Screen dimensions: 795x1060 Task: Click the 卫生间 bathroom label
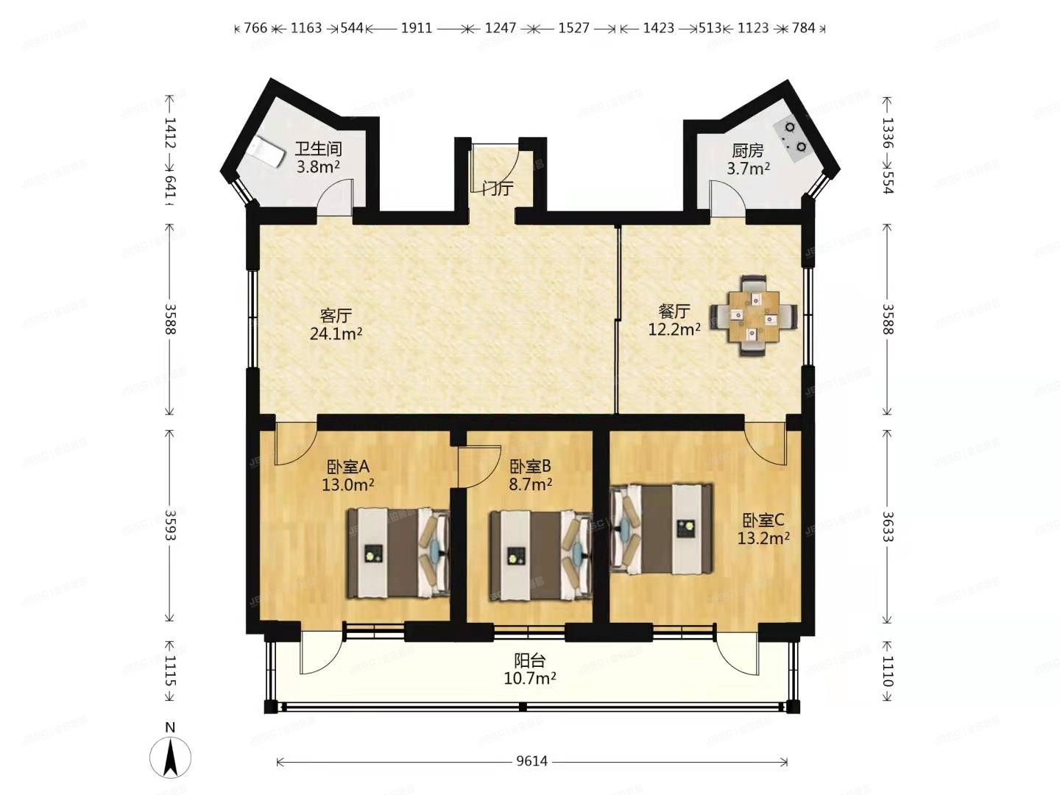click(x=318, y=149)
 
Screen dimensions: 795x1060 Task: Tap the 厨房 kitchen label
click(x=748, y=151)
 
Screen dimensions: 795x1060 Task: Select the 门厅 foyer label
click(x=498, y=188)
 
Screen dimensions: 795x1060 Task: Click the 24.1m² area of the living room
click(x=336, y=333)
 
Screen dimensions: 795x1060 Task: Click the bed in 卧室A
click(x=398, y=552)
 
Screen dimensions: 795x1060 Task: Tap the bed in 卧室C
click(x=662, y=528)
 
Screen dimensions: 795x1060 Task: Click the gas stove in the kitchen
click(x=794, y=137)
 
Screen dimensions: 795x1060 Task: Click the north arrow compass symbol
click(x=170, y=755)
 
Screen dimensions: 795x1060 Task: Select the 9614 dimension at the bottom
click(x=531, y=761)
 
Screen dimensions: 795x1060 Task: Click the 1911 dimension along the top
click(x=416, y=28)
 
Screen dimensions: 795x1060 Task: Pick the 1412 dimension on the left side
click(x=170, y=132)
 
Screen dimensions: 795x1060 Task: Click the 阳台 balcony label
click(x=529, y=660)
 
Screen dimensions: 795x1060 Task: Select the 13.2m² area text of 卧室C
click(x=763, y=538)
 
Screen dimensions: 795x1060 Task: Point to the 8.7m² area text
click(x=530, y=484)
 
